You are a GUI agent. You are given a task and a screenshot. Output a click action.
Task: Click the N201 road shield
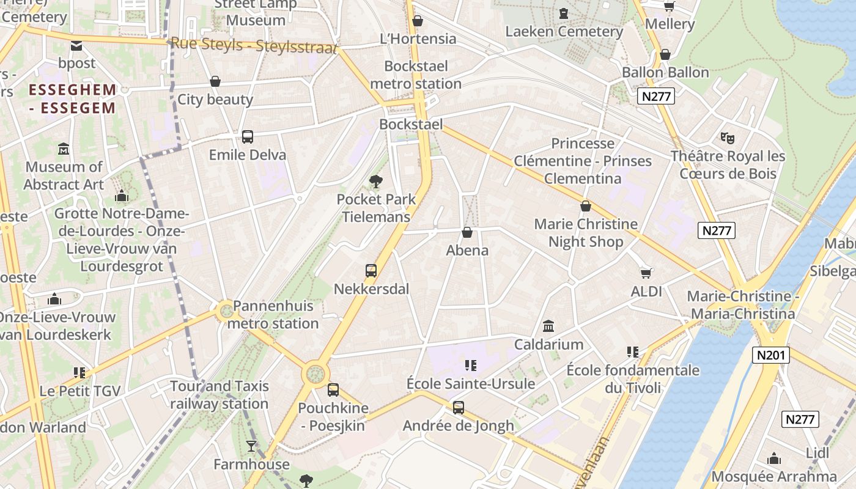point(772,355)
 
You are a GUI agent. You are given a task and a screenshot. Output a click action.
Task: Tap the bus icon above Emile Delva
point(248,137)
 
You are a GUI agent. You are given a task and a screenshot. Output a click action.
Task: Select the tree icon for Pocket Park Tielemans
point(376,181)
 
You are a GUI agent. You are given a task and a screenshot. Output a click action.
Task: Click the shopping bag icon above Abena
point(467,232)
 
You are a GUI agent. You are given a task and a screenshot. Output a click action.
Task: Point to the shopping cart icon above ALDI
point(646,273)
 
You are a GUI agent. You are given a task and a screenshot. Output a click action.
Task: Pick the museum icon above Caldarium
point(548,326)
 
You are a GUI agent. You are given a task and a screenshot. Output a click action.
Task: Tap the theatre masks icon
point(727,138)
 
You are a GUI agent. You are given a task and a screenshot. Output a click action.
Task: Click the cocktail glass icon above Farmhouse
point(251,446)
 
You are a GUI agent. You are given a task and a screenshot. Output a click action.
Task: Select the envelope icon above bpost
point(76,45)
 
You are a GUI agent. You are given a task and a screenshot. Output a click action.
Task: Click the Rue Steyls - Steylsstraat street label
point(254,45)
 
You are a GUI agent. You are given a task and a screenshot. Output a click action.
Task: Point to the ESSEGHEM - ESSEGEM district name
point(72,99)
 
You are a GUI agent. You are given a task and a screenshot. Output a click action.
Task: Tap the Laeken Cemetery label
point(564,32)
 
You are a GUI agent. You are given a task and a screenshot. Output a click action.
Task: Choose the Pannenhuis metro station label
point(273,315)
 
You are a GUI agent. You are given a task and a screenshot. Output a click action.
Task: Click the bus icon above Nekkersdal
point(371,271)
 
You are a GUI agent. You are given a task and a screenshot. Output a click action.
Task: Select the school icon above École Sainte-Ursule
point(471,366)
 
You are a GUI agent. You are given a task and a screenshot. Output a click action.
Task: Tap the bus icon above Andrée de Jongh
point(459,408)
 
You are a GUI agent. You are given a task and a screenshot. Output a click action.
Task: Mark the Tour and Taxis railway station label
point(220,395)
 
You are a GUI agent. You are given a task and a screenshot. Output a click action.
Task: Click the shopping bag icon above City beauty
point(215,81)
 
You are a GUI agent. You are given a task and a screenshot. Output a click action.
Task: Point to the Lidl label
point(817,453)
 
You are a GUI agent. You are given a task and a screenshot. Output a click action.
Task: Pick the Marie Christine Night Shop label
point(585,233)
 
